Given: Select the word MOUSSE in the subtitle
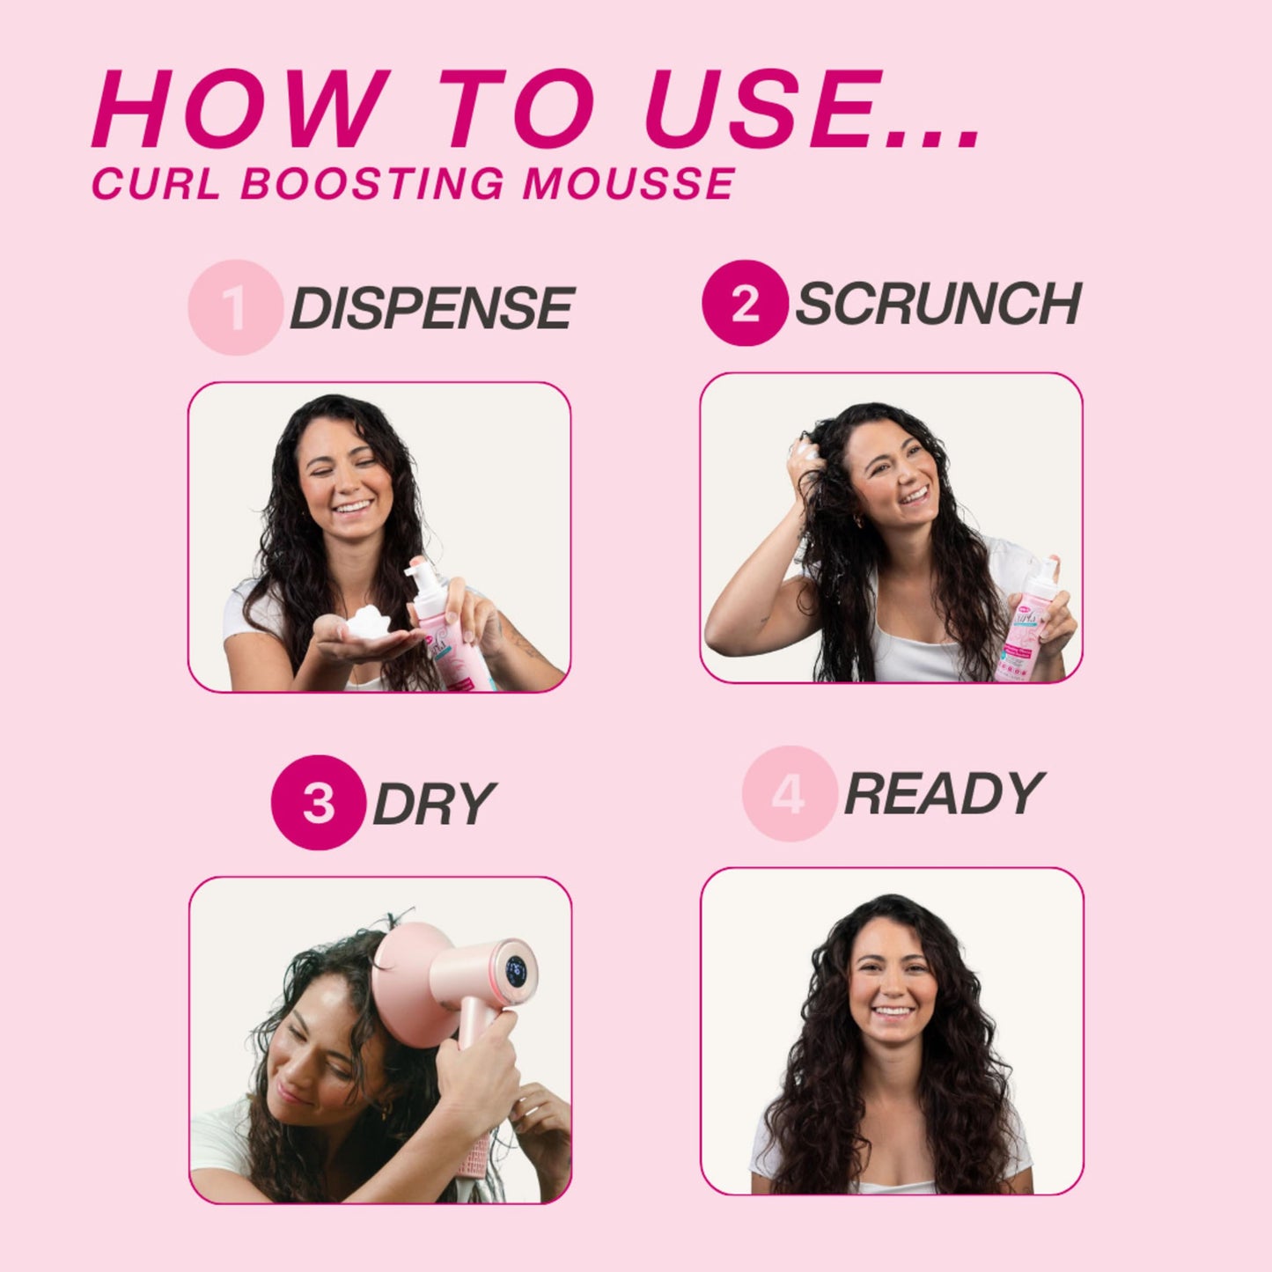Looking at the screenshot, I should point(629,184).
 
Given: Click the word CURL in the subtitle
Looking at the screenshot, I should point(155,184).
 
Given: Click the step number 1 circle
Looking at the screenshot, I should point(235,307).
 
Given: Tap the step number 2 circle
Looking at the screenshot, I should point(744,303).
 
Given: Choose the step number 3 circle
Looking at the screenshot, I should point(318,802).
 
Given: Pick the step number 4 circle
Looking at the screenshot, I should point(788,794).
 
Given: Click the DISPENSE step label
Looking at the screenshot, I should point(431,308).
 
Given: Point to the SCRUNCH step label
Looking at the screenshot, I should point(937,304).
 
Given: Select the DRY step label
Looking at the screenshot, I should point(434,803).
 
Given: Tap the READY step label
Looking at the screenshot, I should point(943,794).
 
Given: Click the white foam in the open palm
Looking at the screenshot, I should point(367,622).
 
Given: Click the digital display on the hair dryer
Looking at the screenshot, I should point(515,971).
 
